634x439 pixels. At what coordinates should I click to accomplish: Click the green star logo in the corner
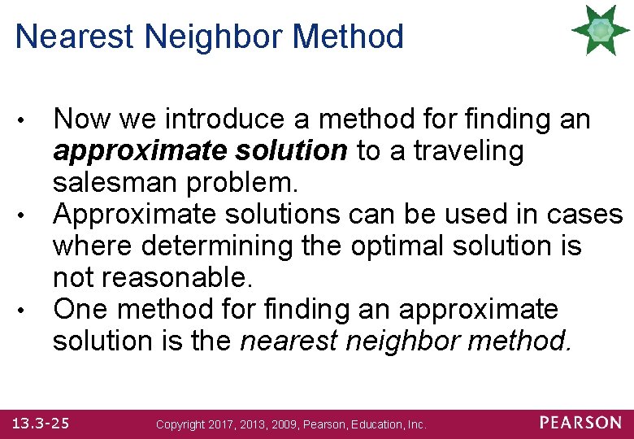pyautogui.click(x=601, y=30)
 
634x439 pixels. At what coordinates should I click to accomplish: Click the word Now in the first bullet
pyautogui.click(x=81, y=120)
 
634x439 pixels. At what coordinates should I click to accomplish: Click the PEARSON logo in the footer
pyautogui.click(x=580, y=423)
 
